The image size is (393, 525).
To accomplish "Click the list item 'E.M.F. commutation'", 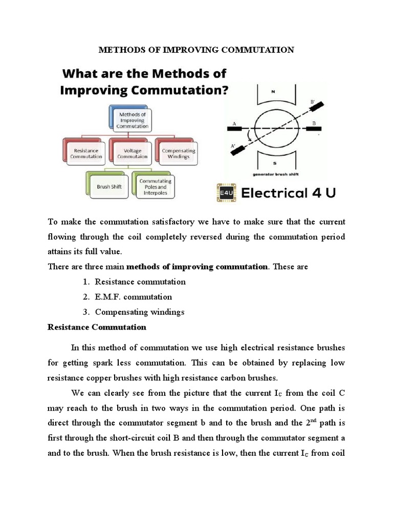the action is click(x=133, y=297).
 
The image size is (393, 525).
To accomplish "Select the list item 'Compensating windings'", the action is click(x=139, y=312).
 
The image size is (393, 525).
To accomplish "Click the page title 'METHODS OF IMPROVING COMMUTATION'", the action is click(x=196, y=50).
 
